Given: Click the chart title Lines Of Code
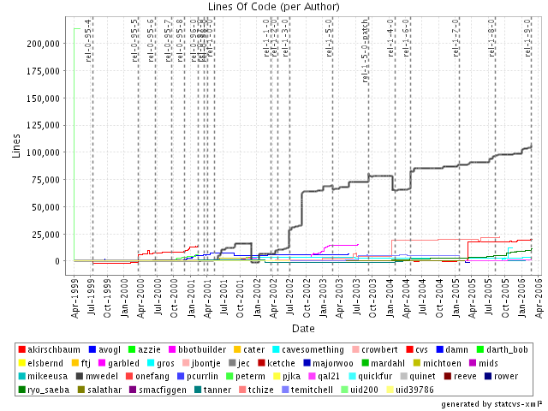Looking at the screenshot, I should click(x=274, y=7).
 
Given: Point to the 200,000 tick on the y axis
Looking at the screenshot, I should click(x=51, y=43).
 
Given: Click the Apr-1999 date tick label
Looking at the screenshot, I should click(x=74, y=296).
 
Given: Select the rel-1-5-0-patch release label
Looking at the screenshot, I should click(x=366, y=57).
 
